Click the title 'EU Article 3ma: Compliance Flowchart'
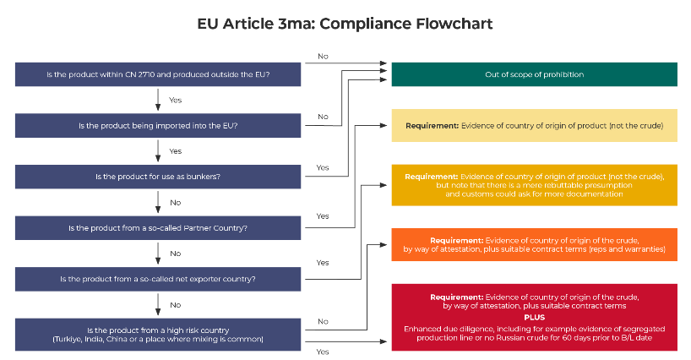pos(345,24)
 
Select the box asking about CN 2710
pos(159,74)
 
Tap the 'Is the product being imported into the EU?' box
pos(159,126)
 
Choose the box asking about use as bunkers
pos(159,177)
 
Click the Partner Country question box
pos(159,228)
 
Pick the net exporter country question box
pos(159,279)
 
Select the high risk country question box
pos(159,334)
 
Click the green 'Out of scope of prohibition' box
pos(534,74)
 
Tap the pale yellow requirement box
pos(534,125)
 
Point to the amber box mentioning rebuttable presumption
pos(534,186)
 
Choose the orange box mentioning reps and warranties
pos(534,244)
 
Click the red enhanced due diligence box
pos(534,317)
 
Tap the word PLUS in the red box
pos(534,317)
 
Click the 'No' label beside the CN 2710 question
pos(323,57)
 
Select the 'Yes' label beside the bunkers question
pos(323,167)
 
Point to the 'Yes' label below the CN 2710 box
pos(175,101)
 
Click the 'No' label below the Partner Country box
pos(175,254)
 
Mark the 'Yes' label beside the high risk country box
pos(323,352)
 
